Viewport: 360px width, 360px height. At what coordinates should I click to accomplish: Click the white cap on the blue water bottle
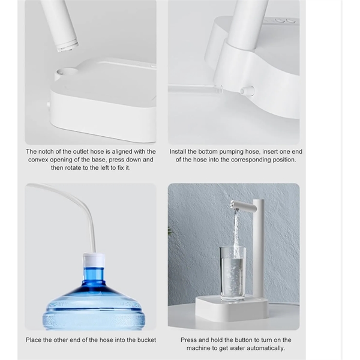point(94,260)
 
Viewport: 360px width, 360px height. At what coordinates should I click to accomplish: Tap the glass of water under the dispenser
point(233,274)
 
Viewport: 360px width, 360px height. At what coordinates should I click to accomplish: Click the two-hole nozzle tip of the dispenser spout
point(232,204)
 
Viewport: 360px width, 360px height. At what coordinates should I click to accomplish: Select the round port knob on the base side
point(247,90)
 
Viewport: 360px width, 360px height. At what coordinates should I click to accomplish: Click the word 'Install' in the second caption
point(178,152)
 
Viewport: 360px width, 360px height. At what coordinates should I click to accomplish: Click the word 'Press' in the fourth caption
point(188,340)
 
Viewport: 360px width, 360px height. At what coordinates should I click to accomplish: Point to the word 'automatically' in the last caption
point(266,348)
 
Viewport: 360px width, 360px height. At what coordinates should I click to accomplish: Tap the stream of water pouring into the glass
point(236,232)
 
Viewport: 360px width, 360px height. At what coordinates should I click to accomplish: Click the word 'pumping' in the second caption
point(231,152)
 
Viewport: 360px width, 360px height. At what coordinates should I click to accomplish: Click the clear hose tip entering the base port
point(218,89)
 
